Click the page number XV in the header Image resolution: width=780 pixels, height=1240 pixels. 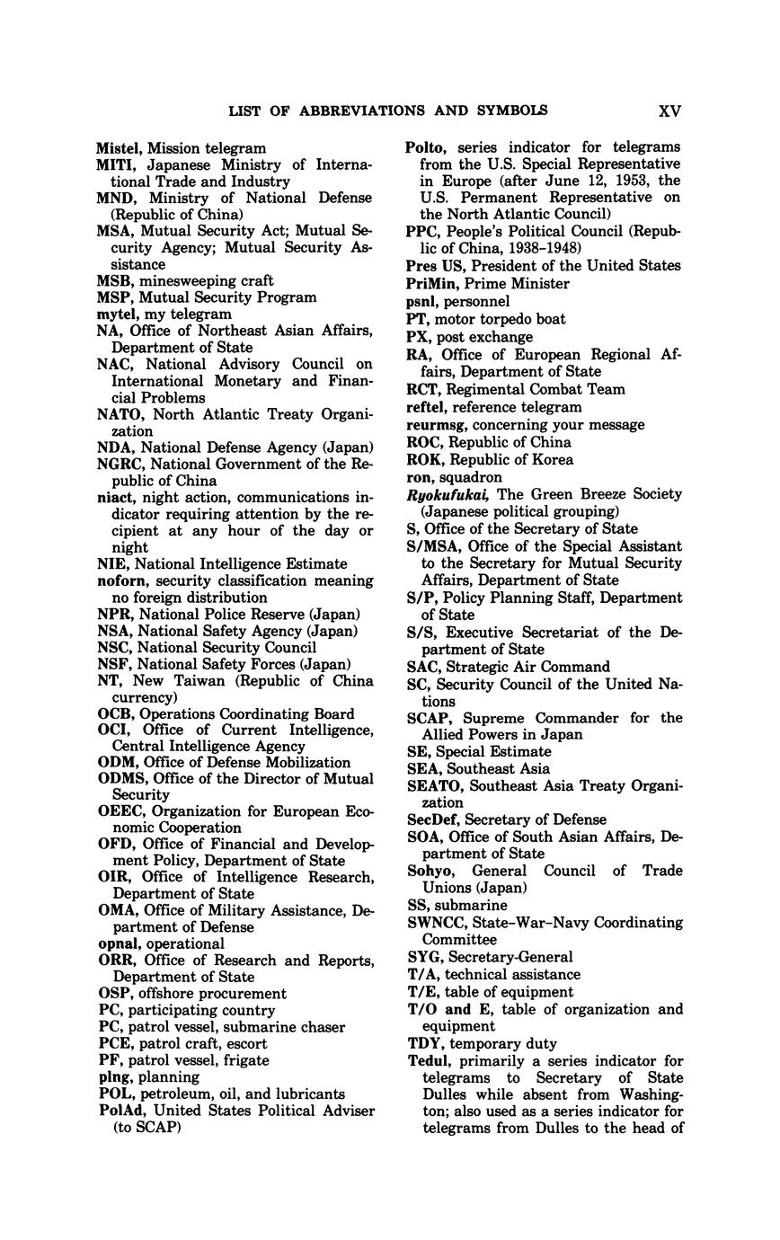point(669,111)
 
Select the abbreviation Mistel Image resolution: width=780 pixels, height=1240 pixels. point(120,148)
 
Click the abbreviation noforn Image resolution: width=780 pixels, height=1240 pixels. point(120,580)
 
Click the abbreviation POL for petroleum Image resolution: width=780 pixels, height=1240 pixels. point(115,1094)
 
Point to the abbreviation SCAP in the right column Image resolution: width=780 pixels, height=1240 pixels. point(426,718)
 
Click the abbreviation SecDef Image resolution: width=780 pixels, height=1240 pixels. point(430,819)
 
